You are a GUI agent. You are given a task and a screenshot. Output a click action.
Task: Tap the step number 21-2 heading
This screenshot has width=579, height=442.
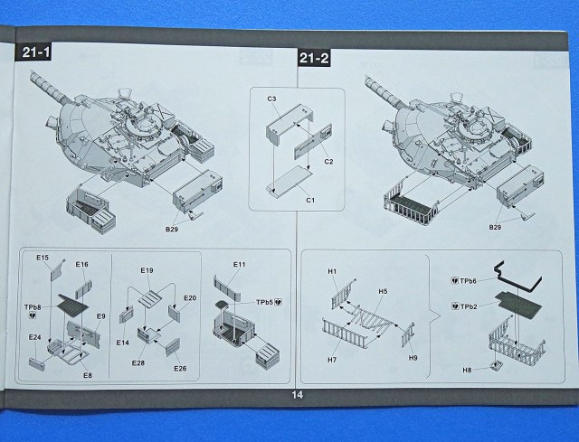(313, 60)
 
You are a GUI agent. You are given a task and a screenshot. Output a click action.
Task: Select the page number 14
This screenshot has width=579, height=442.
(296, 394)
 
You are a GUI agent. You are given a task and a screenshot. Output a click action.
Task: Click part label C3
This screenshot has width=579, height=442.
(271, 97)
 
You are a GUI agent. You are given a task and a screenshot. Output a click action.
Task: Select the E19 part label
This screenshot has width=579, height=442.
(147, 270)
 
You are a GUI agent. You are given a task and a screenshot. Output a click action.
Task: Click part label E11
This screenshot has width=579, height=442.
(239, 264)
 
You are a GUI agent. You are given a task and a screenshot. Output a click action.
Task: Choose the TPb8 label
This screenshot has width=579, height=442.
(34, 308)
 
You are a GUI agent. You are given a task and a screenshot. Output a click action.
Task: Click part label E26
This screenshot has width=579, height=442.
(180, 368)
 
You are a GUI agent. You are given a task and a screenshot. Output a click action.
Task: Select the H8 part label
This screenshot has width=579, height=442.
(468, 371)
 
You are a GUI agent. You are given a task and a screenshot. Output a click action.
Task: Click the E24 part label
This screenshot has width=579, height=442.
(33, 339)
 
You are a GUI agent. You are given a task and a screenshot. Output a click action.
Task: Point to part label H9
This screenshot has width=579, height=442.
(413, 357)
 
